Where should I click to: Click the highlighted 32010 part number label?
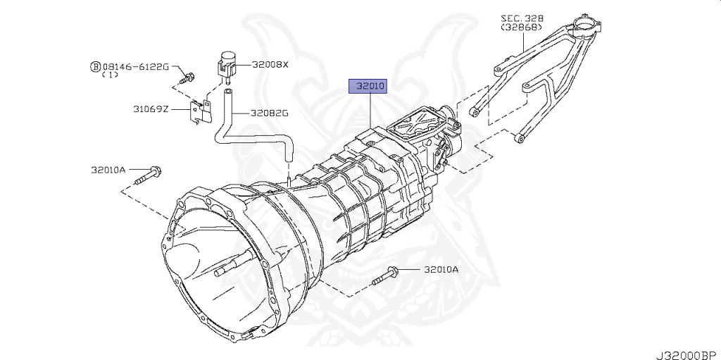pos(370,87)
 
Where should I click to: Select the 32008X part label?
pos(270,64)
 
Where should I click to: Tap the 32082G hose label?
pos(270,113)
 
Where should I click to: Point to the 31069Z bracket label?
pos(151,109)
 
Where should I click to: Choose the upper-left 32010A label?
pos(108,169)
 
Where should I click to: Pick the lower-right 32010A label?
pos(441,269)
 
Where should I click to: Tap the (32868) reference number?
pos(522,27)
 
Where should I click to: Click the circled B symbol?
pos(95,66)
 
